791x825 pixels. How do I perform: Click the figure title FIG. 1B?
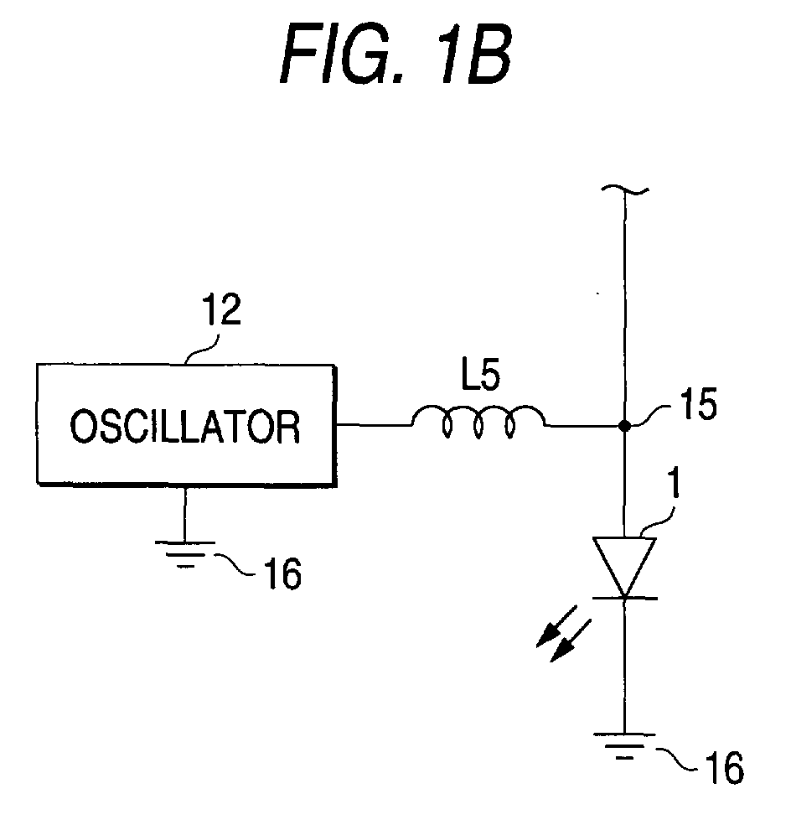click(395, 54)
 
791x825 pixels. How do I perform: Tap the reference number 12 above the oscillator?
click(223, 309)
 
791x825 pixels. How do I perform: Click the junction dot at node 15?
click(624, 425)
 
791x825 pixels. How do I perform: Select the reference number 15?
click(699, 404)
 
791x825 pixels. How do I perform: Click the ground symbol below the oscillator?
click(184, 555)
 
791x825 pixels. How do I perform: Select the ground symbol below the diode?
click(624, 746)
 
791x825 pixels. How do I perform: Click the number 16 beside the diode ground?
click(724, 768)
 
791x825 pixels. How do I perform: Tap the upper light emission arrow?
click(556, 626)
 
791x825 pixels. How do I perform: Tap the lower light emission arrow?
click(571, 641)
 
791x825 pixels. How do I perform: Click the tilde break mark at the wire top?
click(625, 190)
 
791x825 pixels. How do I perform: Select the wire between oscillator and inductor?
click(375, 424)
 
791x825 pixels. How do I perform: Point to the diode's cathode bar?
click(625, 598)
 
